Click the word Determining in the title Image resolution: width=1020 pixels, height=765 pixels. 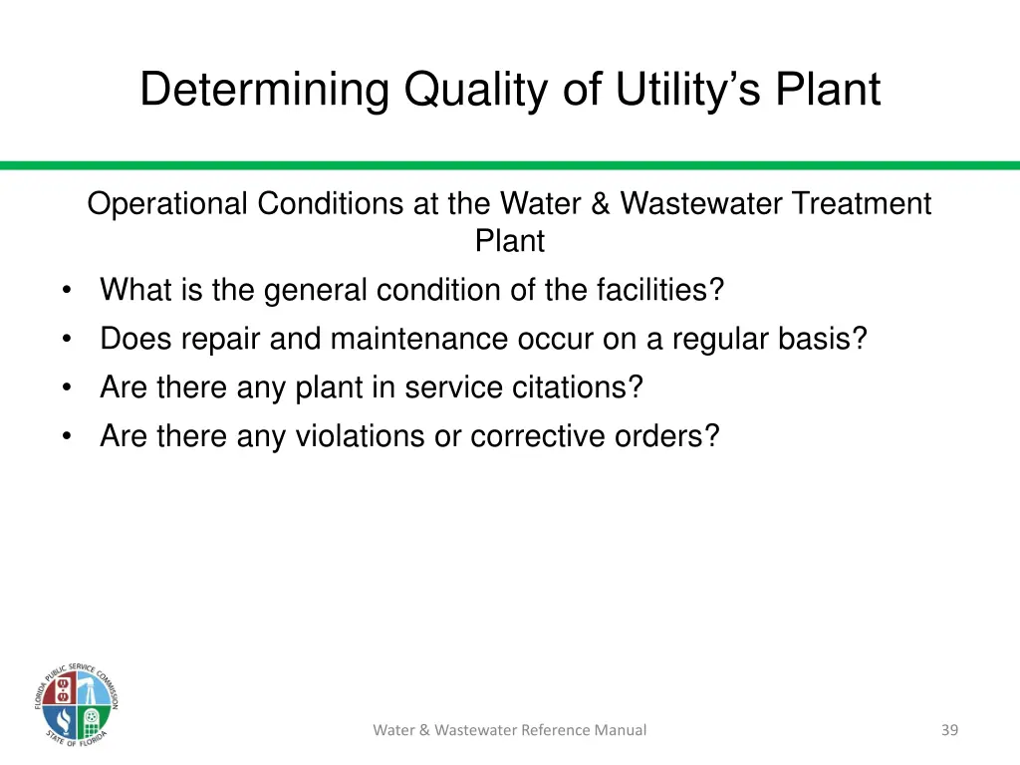(264, 90)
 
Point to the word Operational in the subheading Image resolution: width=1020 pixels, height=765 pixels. (167, 203)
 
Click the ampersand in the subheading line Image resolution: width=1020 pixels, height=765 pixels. (600, 203)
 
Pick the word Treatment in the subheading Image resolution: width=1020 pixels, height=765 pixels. (862, 203)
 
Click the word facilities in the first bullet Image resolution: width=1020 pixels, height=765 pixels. (658, 290)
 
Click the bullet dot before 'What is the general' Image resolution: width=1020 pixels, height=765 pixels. (66, 291)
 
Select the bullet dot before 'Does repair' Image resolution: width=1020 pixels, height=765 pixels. (66, 340)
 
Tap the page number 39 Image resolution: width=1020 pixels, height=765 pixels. (949, 730)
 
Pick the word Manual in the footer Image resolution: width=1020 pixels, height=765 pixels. (621, 730)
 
